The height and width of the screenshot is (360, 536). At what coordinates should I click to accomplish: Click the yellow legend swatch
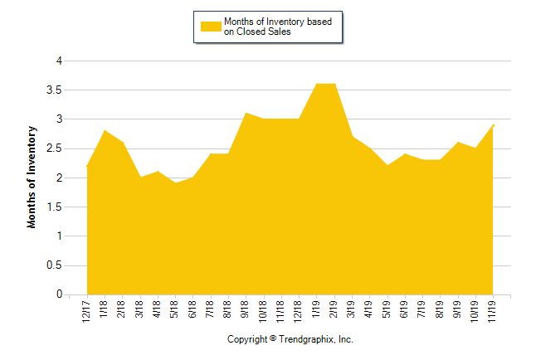click(x=211, y=27)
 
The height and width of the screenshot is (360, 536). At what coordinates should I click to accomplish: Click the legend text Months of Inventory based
click(x=278, y=21)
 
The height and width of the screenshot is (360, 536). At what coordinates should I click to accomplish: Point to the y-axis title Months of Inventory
click(x=32, y=177)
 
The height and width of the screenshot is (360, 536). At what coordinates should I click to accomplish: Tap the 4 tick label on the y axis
click(x=59, y=61)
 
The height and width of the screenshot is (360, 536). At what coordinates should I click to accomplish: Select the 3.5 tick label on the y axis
click(x=55, y=90)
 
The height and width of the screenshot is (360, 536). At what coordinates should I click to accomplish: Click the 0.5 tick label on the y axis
click(x=55, y=265)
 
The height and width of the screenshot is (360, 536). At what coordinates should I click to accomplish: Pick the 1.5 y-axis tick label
click(x=55, y=207)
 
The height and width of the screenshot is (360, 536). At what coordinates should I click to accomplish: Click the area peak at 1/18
click(x=105, y=130)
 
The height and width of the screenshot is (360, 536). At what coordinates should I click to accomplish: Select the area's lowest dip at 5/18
click(x=175, y=182)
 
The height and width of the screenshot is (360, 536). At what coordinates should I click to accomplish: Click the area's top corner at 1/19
click(x=316, y=84)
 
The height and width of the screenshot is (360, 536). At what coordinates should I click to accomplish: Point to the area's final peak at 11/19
click(x=493, y=124)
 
